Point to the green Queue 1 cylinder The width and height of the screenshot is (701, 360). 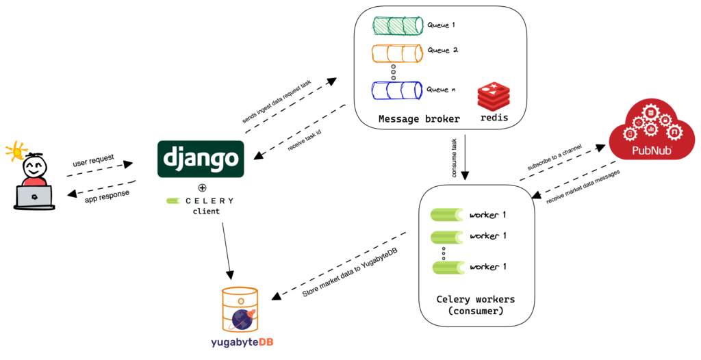395,25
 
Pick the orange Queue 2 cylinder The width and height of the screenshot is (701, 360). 395,53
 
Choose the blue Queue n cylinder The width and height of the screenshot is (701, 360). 395,90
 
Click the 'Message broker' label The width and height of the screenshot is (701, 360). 419,119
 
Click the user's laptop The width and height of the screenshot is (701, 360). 34,196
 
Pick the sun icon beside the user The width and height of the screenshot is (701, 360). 14,151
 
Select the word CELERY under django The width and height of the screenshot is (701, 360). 210,201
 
